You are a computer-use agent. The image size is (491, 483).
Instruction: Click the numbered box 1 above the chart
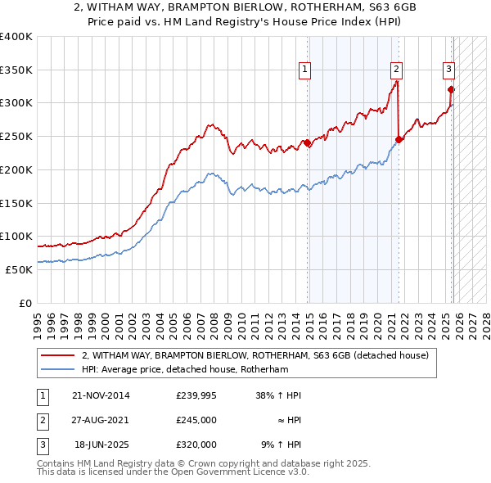coord(304,70)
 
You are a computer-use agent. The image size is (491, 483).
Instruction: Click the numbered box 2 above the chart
coord(396,70)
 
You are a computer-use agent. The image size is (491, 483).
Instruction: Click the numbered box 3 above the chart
coord(449,70)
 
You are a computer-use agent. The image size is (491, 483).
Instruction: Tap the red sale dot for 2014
coord(308,142)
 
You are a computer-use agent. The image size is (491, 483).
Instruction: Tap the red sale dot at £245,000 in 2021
coord(399,139)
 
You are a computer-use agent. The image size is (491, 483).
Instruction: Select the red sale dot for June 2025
coord(451,89)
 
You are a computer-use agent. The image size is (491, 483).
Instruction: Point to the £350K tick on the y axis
coord(16,70)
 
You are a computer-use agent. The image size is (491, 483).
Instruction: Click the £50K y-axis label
coord(19,269)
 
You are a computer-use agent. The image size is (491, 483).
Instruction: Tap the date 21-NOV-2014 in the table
coord(101,395)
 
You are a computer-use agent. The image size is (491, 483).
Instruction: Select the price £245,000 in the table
coord(196,420)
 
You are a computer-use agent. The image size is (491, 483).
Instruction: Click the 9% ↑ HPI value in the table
coord(281,445)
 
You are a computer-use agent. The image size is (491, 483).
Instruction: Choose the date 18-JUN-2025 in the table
coord(102,445)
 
